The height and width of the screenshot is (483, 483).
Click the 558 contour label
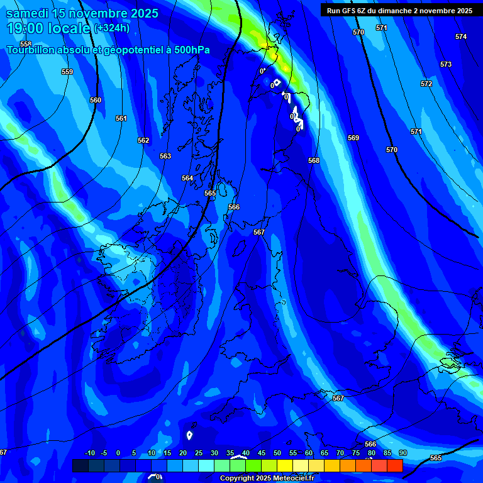tap(25, 44)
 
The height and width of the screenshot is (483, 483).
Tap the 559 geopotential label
tap(67, 72)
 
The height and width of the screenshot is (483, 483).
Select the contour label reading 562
tap(143, 140)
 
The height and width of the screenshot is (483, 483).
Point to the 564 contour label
tap(187, 178)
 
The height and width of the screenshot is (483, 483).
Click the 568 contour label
tap(314, 160)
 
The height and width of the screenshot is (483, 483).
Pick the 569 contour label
tap(353, 138)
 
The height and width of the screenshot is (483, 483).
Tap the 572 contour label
tap(426, 84)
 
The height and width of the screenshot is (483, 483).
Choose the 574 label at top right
tap(461, 36)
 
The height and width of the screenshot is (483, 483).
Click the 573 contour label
tap(446, 64)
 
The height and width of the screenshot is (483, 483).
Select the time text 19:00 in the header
tap(25, 28)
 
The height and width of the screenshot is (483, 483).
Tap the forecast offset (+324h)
tap(113, 28)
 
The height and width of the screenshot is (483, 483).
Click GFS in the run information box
tap(347, 10)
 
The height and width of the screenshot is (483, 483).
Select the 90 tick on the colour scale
tap(402, 453)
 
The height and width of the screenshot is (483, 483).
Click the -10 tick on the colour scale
tap(89, 453)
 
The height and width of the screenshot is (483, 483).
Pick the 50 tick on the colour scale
tap(277, 453)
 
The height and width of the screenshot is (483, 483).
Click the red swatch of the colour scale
tap(395, 465)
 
